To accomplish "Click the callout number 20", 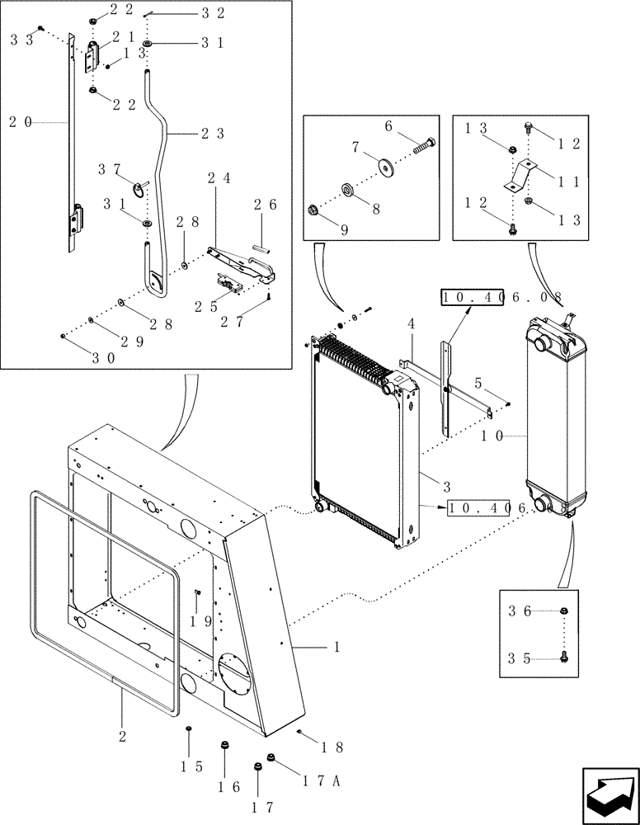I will pyautogui.click(x=21, y=121).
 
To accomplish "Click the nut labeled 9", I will pyautogui.click(x=313, y=210).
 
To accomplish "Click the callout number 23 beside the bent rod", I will pyautogui.click(x=213, y=132).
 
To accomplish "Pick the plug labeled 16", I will pyautogui.click(x=224, y=747).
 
